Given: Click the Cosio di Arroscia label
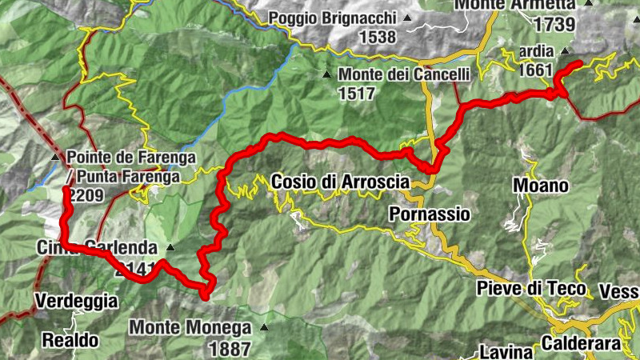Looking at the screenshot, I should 340,182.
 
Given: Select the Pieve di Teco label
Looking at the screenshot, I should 530,288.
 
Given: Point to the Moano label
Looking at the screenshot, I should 541,186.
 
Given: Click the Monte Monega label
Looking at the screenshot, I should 190,327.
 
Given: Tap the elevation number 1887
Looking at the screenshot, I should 229,348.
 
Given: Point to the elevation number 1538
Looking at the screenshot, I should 378,37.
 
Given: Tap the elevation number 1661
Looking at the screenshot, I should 535,70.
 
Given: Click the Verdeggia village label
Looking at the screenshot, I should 76,302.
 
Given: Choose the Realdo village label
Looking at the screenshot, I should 71,340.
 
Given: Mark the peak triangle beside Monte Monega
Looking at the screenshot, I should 262,327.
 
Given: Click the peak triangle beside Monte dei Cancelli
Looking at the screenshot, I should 326,74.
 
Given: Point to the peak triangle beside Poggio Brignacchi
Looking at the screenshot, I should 408,18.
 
